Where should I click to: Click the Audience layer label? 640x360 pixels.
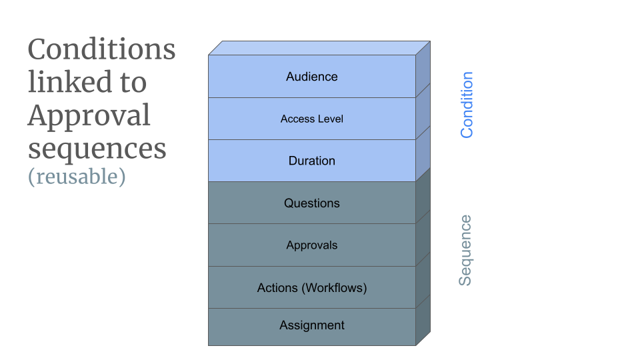[x=312, y=77]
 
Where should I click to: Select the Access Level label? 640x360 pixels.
[x=312, y=119]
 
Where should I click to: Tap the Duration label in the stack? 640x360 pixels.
[x=312, y=161]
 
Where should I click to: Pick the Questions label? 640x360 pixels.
[x=312, y=203]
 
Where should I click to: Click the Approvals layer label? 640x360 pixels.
[x=312, y=245]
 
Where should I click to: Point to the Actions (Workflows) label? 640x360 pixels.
[x=312, y=288]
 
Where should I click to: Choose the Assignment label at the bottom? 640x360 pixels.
[x=312, y=325]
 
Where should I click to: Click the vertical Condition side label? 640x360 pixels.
[x=467, y=105]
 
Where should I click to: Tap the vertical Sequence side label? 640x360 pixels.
[x=465, y=250]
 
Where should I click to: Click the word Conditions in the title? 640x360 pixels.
[x=101, y=49]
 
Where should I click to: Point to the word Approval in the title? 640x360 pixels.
[x=89, y=116]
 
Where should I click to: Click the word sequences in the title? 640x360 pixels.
[x=97, y=148]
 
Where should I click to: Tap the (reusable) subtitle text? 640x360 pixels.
[x=77, y=177]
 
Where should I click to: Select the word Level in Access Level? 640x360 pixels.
[x=331, y=119]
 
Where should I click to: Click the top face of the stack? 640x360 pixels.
[x=319, y=48]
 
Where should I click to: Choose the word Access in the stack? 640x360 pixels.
[x=297, y=119]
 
